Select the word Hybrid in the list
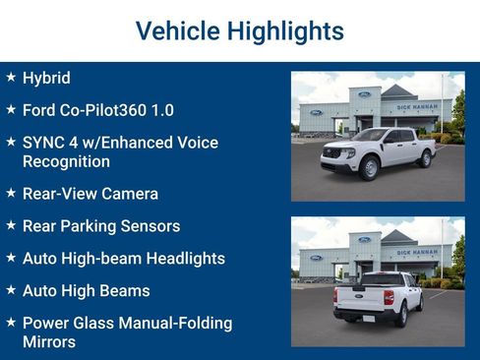tap(46, 78)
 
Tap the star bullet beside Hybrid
tap(10, 77)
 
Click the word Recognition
tap(66, 161)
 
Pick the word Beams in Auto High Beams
tap(125, 291)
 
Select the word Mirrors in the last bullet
tap(48, 341)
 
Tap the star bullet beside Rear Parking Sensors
tap(10, 225)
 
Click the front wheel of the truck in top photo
tap(370, 170)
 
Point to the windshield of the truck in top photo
tap(372, 136)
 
